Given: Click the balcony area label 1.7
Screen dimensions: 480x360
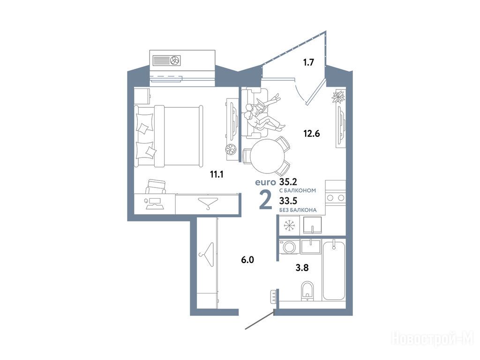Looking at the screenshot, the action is [308, 62].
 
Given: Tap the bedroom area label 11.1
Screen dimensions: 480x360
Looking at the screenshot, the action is [217, 174].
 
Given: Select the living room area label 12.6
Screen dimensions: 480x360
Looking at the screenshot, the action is [312, 134].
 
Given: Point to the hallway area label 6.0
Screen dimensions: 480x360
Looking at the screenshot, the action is [247, 260].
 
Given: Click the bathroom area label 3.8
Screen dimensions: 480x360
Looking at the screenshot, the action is [302, 268].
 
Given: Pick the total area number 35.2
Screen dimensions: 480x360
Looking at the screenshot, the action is [288, 182].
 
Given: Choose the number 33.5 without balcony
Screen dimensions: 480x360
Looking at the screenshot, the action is [288, 201].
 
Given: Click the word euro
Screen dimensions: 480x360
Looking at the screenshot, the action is [265, 182].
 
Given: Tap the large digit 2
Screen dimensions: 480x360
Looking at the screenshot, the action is [265, 199].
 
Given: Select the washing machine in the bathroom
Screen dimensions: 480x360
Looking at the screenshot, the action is [289, 247].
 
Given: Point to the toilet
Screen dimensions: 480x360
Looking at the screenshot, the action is [307, 291].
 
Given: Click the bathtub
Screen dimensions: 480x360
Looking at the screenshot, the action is [334, 271].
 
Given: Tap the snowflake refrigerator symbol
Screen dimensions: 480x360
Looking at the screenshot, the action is [289, 225].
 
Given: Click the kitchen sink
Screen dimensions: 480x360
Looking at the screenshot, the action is [312, 225].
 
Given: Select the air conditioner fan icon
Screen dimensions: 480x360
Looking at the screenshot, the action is [176, 60].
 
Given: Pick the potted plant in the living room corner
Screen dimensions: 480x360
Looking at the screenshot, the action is [338, 97].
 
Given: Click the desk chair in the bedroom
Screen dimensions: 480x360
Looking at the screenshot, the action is [156, 187].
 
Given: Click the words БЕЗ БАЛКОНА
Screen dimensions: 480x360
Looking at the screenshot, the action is [298, 210].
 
